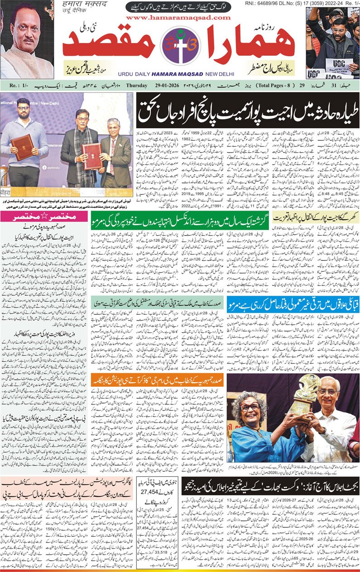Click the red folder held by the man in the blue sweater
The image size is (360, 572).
(x=22, y=147)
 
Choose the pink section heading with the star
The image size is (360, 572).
(x=45, y=217)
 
